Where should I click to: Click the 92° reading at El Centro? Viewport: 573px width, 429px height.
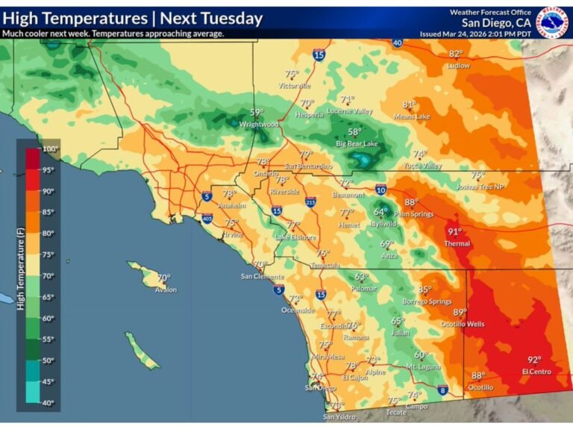click(x=534, y=360)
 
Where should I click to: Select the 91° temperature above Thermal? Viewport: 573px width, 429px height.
click(x=454, y=232)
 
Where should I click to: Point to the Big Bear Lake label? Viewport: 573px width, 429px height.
click(x=357, y=143)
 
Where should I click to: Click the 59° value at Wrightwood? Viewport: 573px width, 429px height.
click(x=257, y=113)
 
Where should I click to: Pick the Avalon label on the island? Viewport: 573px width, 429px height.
click(x=166, y=289)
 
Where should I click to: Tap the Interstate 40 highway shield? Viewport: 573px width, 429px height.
click(x=397, y=43)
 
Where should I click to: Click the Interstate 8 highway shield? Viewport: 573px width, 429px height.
click(x=442, y=389)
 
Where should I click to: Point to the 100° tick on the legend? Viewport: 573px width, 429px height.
click(x=50, y=149)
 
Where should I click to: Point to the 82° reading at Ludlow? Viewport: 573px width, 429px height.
click(x=455, y=54)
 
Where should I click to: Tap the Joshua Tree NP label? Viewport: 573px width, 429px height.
click(x=477, y=186)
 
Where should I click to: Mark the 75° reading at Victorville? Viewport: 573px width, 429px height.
click(x=292, y=74)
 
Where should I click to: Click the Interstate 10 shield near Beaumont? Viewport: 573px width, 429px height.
click(x=381, y=190)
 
